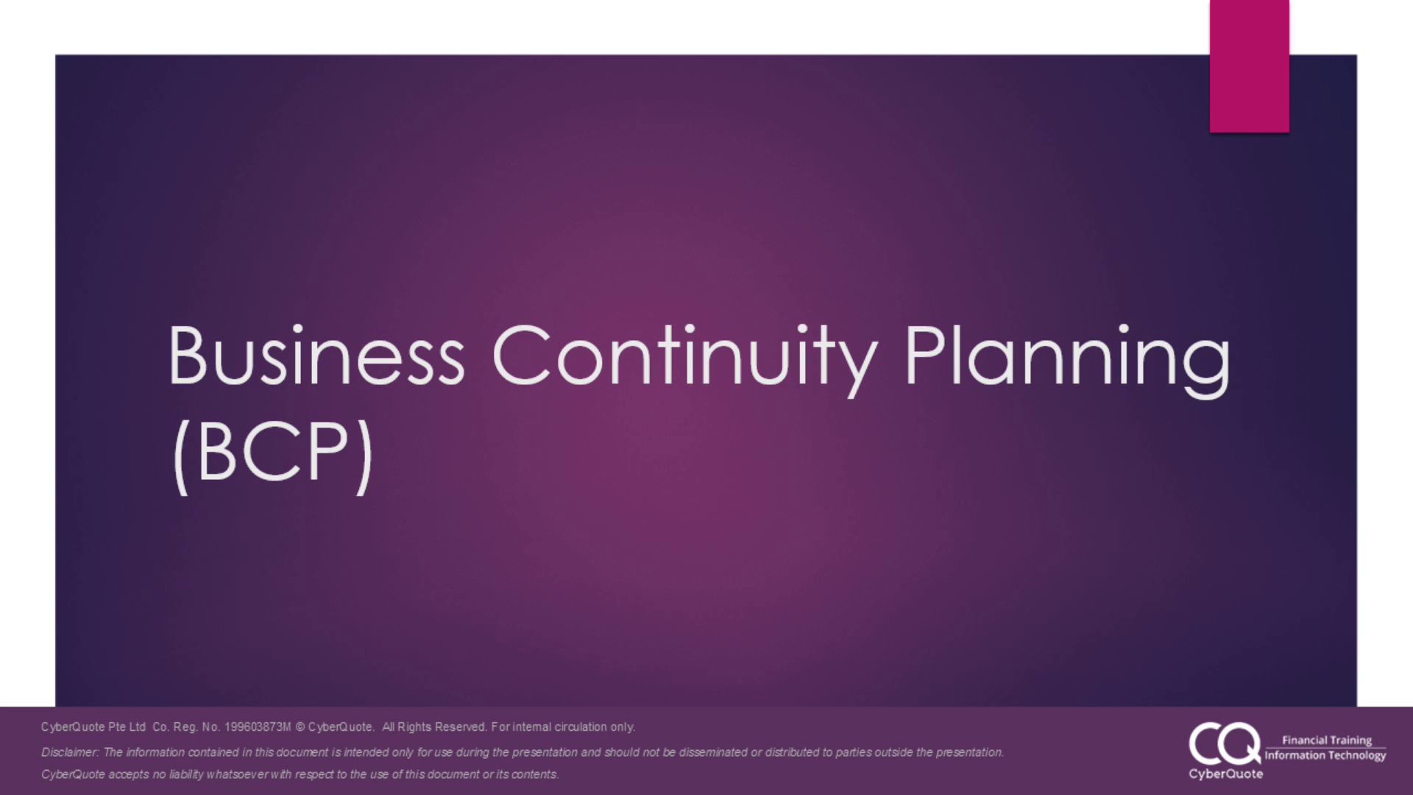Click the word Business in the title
tap(316, 356)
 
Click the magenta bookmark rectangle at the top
tap(1250, 66)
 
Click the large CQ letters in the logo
tap(1224, 743)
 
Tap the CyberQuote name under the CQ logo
tap(1225, 774)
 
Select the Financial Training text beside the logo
tap(1327, 741)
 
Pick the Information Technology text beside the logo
tap(1325, 756)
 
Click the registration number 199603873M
tap(258, 727)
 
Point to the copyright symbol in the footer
tap(300, 727)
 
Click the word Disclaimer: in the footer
tap(70, 752)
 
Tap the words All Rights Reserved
tap(434, 727)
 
